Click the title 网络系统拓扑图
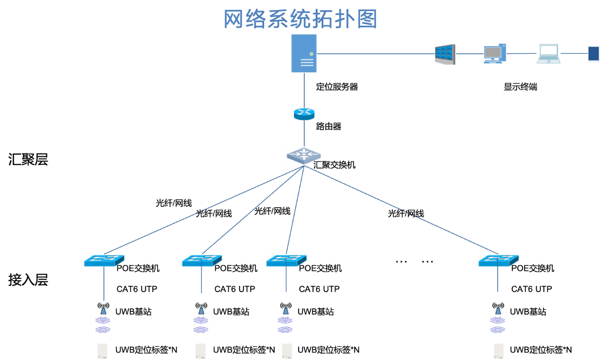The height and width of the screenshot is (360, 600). [x=300, y=19]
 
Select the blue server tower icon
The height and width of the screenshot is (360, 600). [x=304, y=53]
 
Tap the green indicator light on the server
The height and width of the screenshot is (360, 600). [x=311, y=54]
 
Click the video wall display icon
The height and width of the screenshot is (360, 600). [x=445, y=54]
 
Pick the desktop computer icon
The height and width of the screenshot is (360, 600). [x=494, y=54]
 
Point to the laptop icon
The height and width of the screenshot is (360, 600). [x=549, y=54]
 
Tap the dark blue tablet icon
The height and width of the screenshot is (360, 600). [x=594, y=54]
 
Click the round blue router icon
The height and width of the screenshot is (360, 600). [x=304, y=114]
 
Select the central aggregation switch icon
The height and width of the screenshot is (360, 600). [x=304, y=156]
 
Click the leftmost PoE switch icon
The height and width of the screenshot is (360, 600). [x=104, y=260]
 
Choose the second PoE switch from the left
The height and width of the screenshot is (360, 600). [x=202, y=260]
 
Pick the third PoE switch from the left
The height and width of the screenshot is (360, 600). [x=286, y=260]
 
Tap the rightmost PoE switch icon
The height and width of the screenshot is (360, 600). [x=498, y=260]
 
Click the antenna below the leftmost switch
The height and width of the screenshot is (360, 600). [x=104, y=307]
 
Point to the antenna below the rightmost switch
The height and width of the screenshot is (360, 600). [x=498, y=307]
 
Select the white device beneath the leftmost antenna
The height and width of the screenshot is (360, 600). [x=102, y=351]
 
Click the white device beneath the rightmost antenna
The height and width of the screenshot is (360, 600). [x=498, y=351]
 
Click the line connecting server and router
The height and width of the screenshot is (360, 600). [x=304, y=90]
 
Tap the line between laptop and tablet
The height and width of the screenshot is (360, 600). [x=574, y=54]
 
